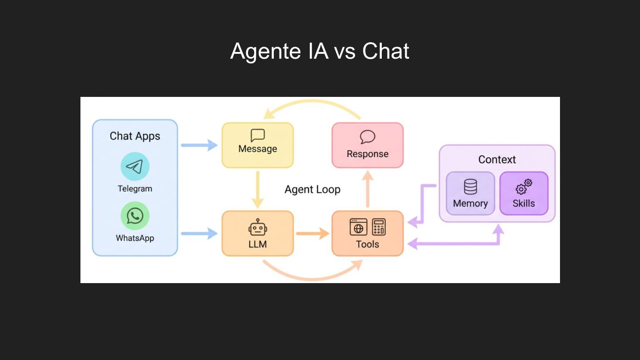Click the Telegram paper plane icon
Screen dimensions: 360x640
point(135,167)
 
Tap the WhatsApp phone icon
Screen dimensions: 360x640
point(135,216)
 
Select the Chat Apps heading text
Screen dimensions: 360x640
point(135,136)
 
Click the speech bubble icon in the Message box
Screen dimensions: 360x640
point(257,136)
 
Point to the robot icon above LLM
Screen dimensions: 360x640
point(257,227)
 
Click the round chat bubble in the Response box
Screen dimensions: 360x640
point(368,137)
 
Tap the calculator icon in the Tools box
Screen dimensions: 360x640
point(379,227)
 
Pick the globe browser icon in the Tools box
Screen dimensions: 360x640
point(358,227)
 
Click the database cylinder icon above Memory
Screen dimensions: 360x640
point(470,187)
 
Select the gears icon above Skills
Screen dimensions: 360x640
point(524,187)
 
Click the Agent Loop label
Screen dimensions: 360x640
point(312,190)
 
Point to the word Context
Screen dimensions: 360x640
point(497,160)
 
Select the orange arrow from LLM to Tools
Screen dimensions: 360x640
point(312,233)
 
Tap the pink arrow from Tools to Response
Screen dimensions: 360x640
point(368,189)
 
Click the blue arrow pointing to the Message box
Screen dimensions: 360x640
point(199,145)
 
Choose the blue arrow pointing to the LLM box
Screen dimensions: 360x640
point(199,233)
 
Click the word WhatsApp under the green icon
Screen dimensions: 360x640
point(135,238)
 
